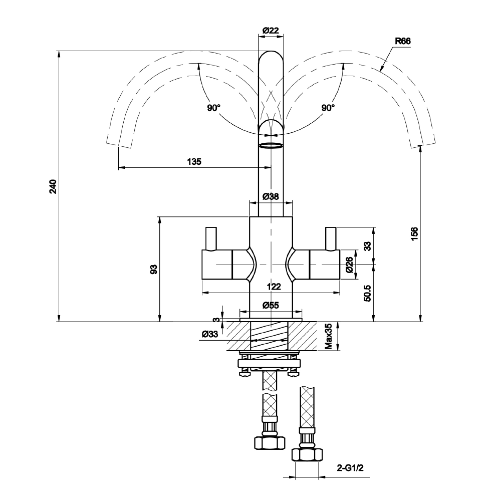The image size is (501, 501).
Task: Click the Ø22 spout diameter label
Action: coord(271,31)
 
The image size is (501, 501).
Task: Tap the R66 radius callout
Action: coord(402,42)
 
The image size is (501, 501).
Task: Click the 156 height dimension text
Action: coord(414,234)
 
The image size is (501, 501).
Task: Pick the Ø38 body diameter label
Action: coord(271,196)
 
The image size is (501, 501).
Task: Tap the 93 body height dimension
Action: coord(154,269)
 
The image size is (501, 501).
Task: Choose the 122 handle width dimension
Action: coord(273,287)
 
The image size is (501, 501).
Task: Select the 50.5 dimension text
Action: coord(367,293)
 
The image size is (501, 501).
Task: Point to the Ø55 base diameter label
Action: coord(271,305)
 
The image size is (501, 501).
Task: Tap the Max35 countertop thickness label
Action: coord(329,336)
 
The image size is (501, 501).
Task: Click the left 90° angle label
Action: coord(213,108)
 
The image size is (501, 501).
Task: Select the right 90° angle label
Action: coord(328,108)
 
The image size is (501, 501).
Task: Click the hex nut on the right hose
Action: coord(306,454)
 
